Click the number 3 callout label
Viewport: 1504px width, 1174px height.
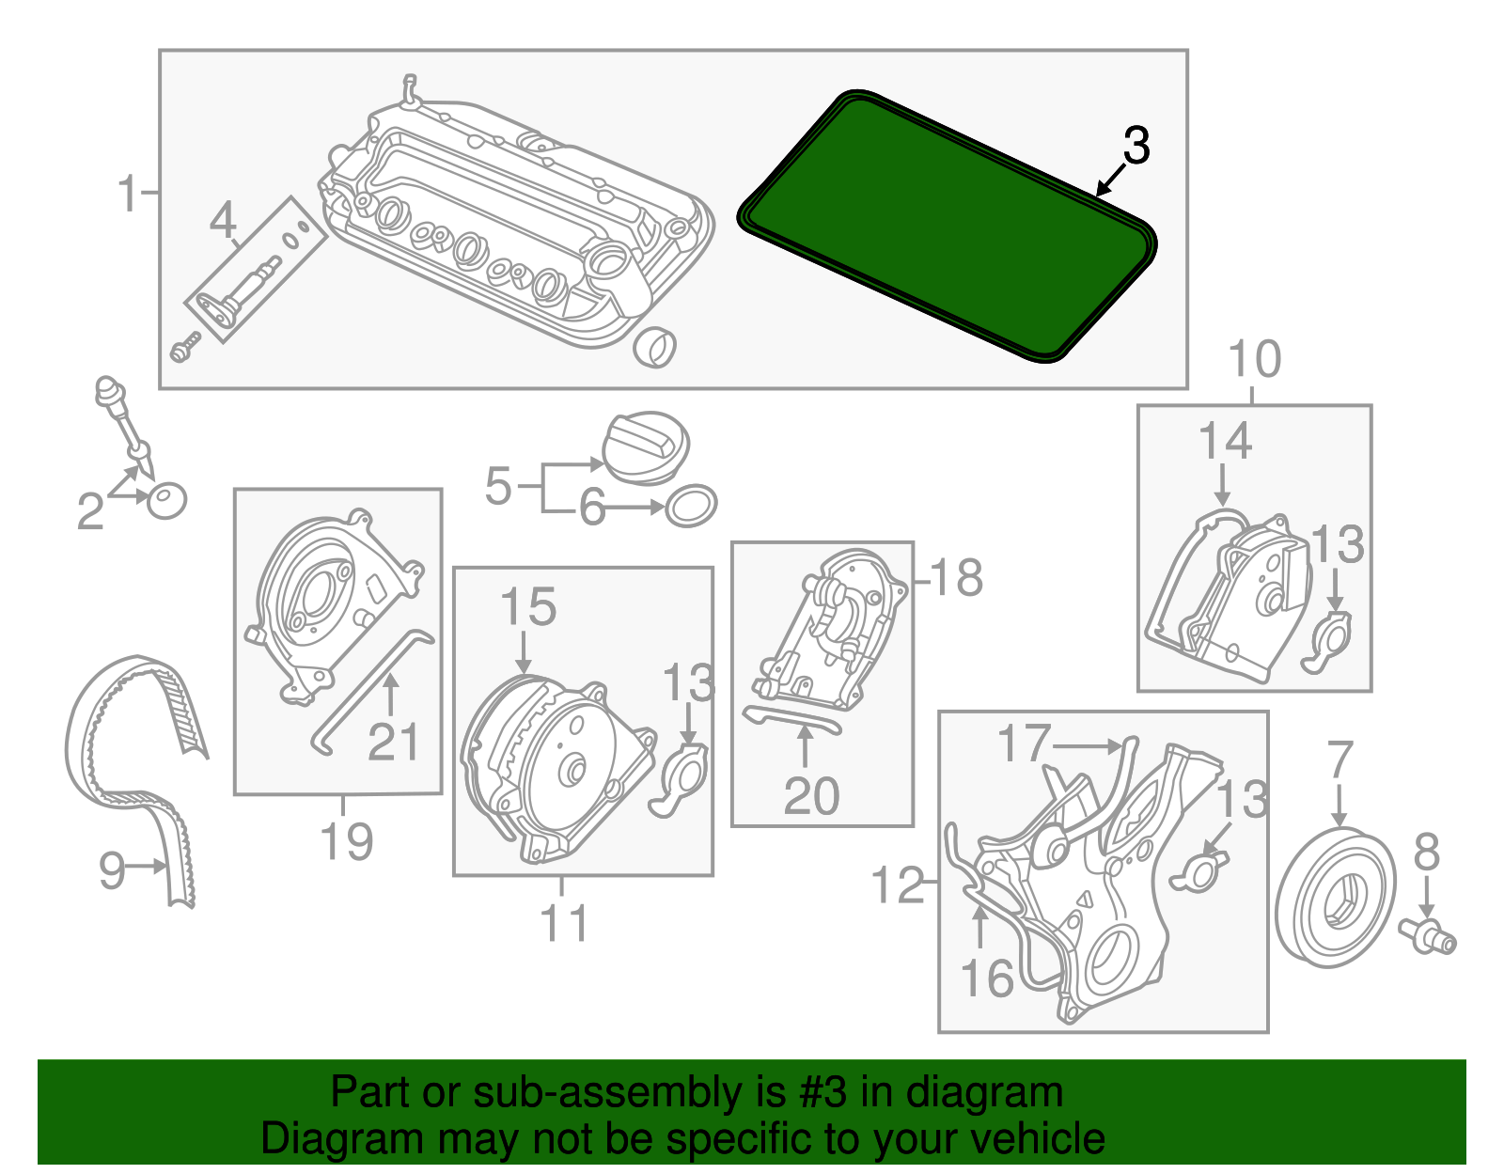click(x=1136, y=148)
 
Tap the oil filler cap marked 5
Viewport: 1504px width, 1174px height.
click(x=645, y=448)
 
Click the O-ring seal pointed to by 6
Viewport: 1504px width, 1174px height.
click(x=691, y=507)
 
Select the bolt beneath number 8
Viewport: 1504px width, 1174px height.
click(x=1427, y=935)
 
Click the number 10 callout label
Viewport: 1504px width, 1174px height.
click(x=1254, y=360)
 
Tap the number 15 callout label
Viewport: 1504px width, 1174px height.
click(x=528, y=608)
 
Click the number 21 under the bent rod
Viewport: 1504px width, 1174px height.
click(x=393, y=743)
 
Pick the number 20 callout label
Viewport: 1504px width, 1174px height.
click(x=811, y=797)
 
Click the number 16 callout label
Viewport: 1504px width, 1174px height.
click(x=987, y=978)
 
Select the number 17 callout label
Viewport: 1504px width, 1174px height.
click(x=1023, y=744)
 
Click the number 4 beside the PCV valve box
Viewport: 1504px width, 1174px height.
click(x=223, y=222)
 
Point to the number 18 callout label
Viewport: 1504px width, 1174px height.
click(x=956, y=578)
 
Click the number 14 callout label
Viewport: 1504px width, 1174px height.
click(x=1225, y=442)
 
